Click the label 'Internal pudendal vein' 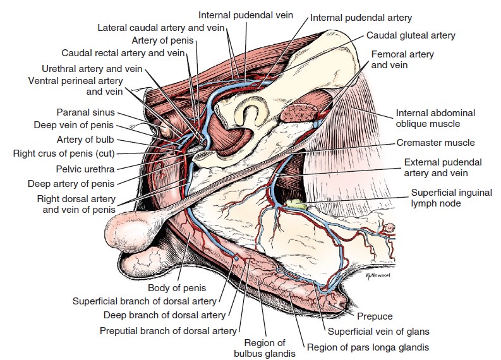[245, 15]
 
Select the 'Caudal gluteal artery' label [411, 35]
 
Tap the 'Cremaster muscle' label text [435, 143]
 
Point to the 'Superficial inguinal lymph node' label [451, 198]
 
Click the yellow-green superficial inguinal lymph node [295, 204]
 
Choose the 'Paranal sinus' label [85, 112]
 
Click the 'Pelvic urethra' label [85, 169]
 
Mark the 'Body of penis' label [177, 288]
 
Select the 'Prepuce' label [375, 316]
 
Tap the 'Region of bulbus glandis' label [265, 348]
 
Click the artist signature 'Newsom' [377, 275]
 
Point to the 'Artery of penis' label [162, 40]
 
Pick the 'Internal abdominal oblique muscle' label [435, 118]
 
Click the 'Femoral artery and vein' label [402, 59]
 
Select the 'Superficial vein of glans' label [378, 332]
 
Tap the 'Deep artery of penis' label [71, 184]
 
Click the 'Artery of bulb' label [85, 140]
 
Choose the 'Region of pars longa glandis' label [368, 347]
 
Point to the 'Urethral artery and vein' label [92, 69]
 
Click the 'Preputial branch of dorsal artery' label [168, 330]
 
